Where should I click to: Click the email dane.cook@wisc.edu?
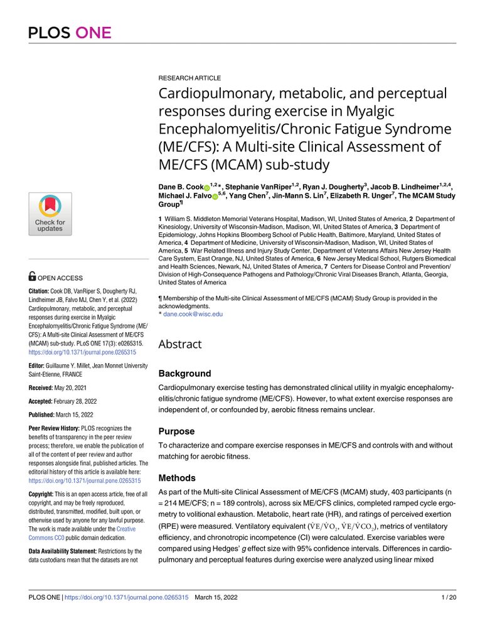click(193, 313)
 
